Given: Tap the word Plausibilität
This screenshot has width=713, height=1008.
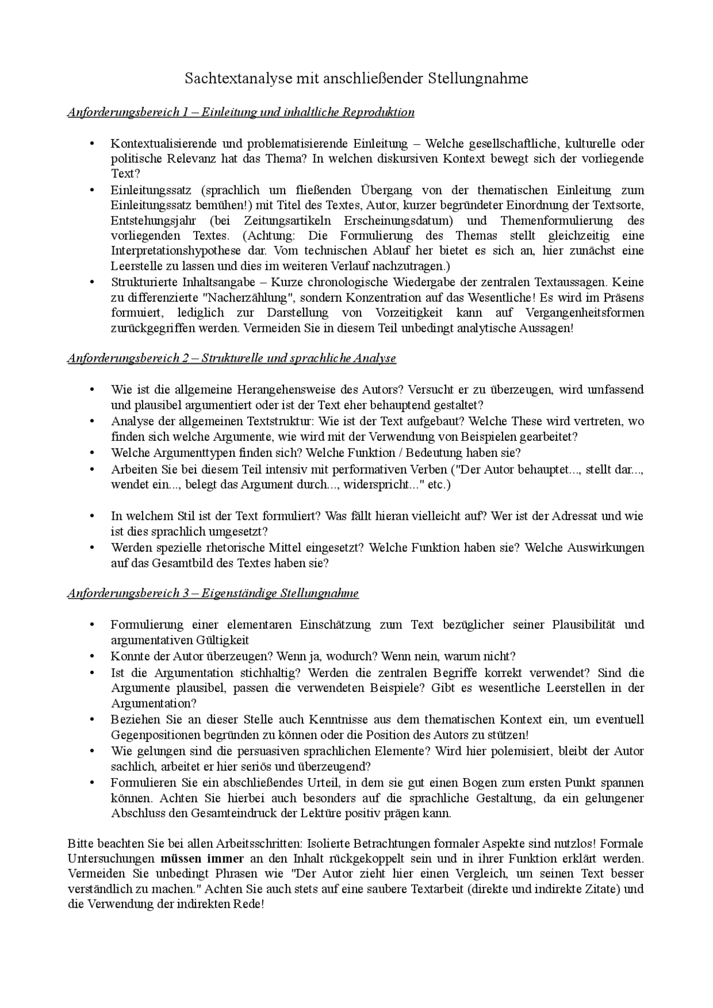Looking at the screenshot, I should point(583,625).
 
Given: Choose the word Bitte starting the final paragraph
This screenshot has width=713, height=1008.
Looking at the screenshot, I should point(79,843).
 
